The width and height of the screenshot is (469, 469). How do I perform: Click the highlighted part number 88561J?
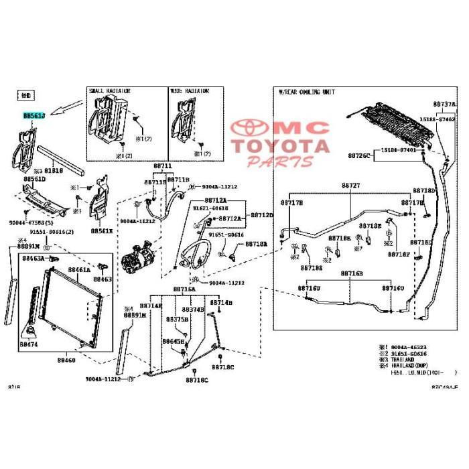click(x=33, y=116)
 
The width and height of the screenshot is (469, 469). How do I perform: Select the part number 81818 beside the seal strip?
click(x=54, y=171)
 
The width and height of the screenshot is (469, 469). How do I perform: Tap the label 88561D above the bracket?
click(x=34, y=180)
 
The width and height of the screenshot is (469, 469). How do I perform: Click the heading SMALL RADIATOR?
click(x=109, y=90)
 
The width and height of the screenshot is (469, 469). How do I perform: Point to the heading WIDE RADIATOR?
click(x=189, y=90)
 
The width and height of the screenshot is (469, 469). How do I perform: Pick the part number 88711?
click(x=163, y=165)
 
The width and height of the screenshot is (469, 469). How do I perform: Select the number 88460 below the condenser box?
click(x=66, y=360)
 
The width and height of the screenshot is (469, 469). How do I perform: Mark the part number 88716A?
click(x=184, y=289)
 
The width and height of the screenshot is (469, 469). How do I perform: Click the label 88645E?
click(x=172, y=341)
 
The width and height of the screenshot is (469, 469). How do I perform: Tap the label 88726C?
click(x=358, y=155)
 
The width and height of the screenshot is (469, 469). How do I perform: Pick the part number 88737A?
click(x=444, y=105)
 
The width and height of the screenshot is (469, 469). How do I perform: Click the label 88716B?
click(x=351, y=273)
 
